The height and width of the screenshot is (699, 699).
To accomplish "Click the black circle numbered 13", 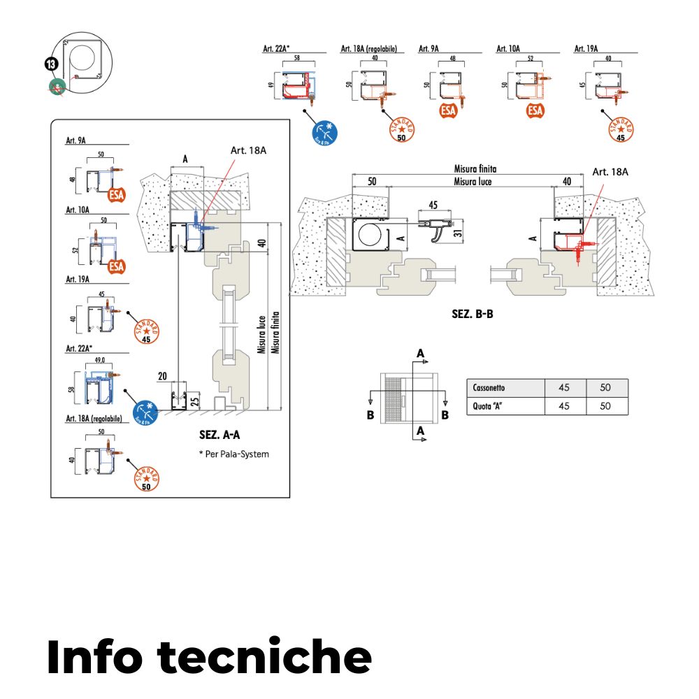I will [x=51, y=65].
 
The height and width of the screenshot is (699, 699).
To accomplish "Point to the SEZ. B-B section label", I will [x=473, y=315].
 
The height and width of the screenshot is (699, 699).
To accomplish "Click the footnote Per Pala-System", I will [x=233, y=454].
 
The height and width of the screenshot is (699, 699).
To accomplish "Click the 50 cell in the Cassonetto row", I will [x=605, y=388].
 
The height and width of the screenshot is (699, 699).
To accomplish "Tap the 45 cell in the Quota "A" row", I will [x=565, y=405].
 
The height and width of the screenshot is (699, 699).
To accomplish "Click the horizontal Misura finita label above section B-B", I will [x=475, y=168].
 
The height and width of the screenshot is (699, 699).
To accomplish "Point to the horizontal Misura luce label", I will [x=473, y=182].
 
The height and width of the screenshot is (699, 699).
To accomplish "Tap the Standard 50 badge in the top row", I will [x=401, y=130].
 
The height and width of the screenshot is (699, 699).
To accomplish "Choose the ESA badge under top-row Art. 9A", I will [x=449, y=110].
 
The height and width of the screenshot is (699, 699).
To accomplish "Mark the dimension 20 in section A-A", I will [x=162, y=375].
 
